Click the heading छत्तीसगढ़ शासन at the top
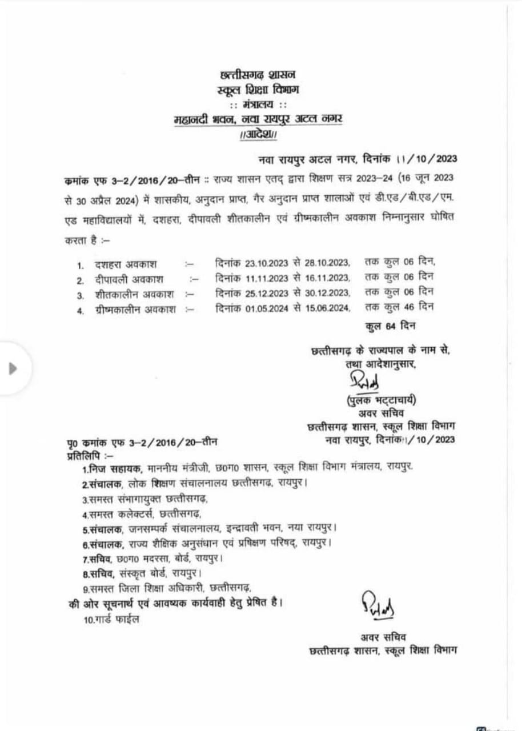click(x=258, y=75)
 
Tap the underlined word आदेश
click(x=258, y=135)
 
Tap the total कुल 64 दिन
click(x=391, y=326)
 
